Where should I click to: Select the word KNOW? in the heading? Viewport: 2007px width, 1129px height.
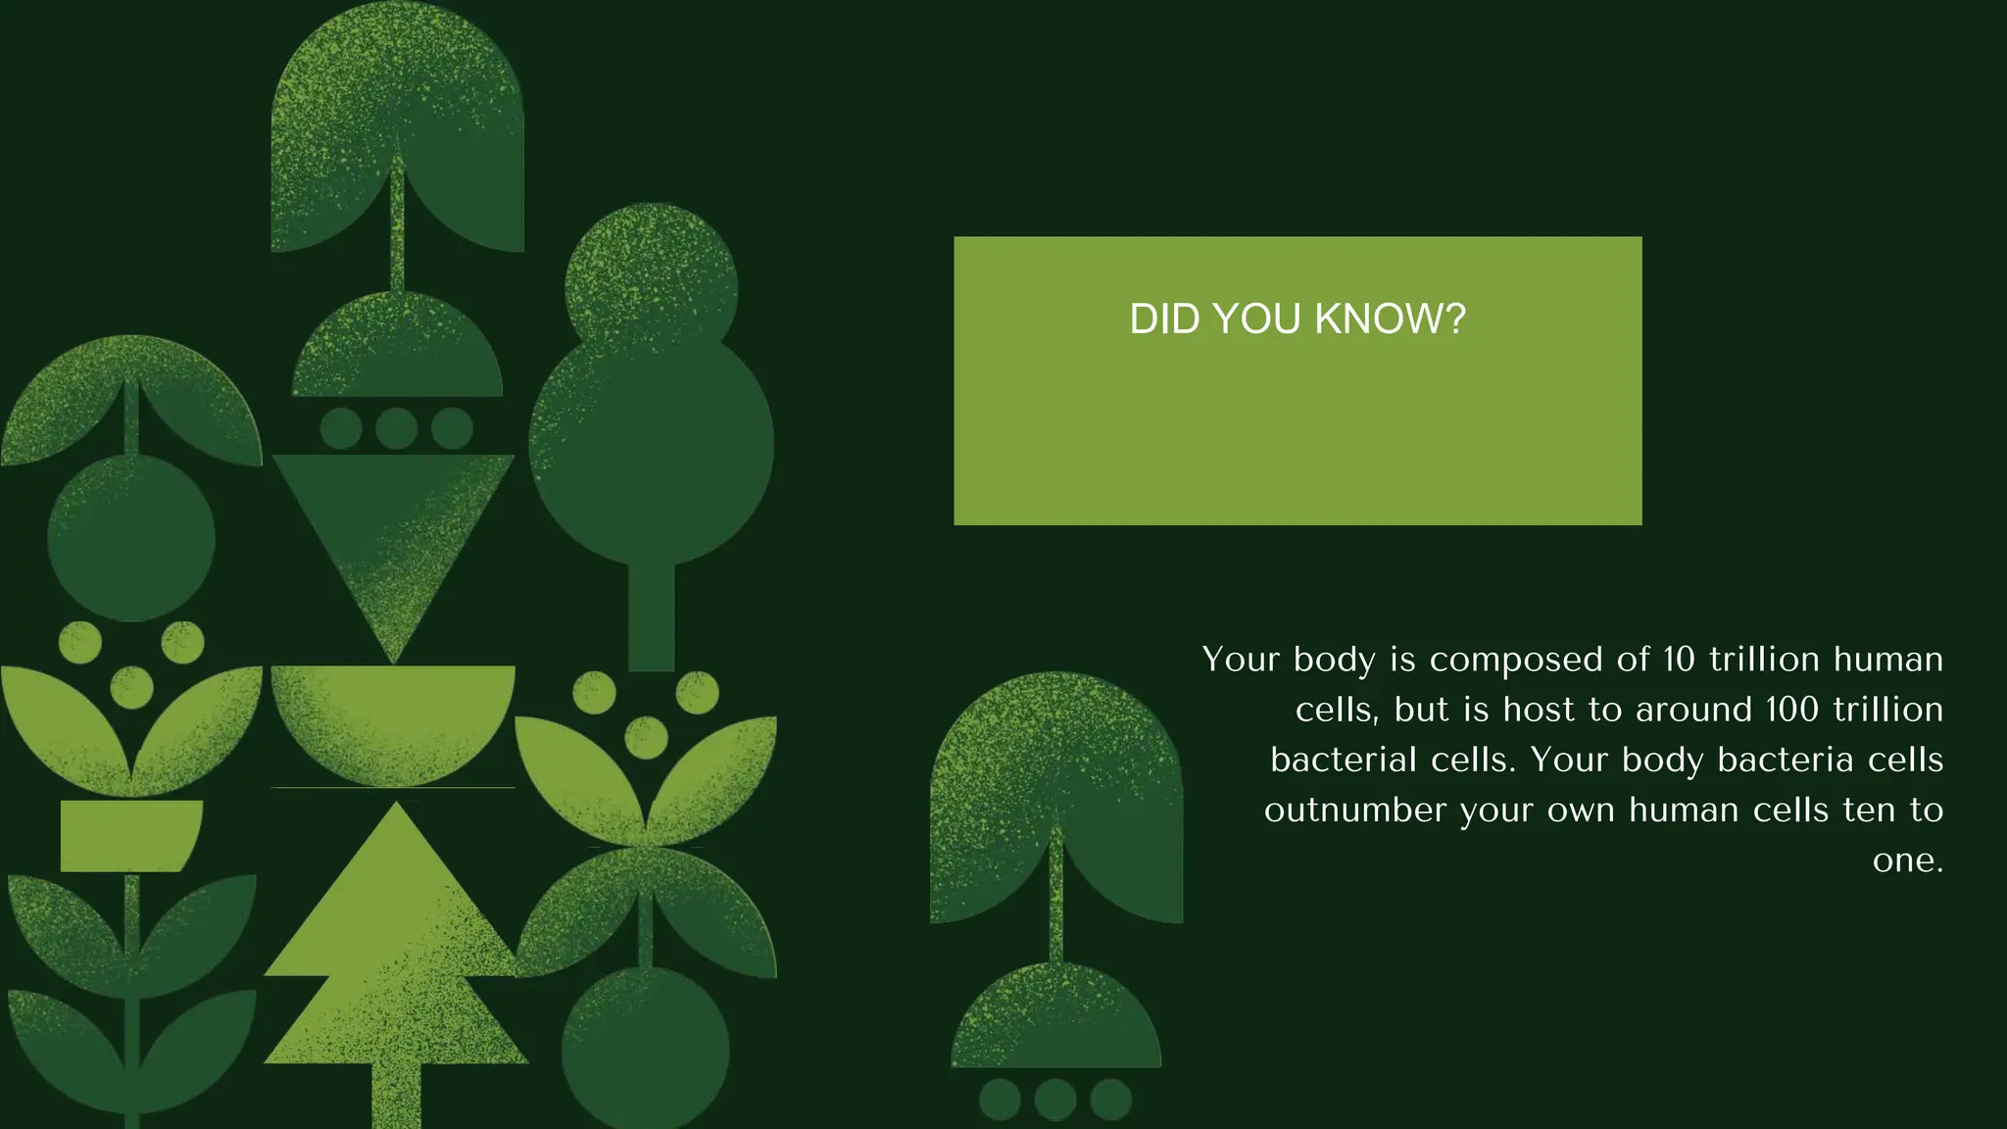click(x=1390, y=319)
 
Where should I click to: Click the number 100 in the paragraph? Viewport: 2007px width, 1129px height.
click(x=1792, y=710)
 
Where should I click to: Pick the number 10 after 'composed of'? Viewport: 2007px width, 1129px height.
click(x=1679, y=660)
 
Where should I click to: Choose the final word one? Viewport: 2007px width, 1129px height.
click(x=1907, y=860)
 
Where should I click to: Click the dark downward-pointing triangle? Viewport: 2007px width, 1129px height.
click(x=392, y=529)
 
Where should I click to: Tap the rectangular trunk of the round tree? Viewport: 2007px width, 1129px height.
click(x=651, y=617)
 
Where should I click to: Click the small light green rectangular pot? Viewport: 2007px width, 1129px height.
click(x=130, y=835)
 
